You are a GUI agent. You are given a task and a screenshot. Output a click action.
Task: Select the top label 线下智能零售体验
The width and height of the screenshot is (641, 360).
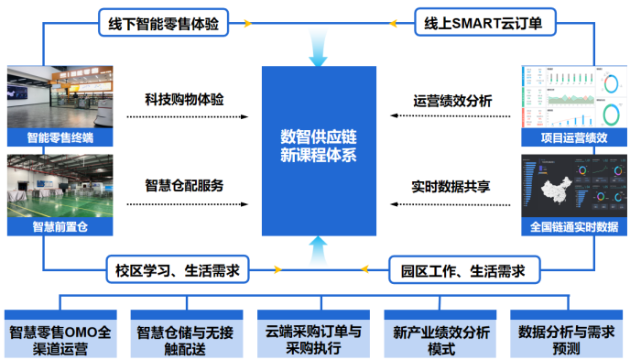point(163,23)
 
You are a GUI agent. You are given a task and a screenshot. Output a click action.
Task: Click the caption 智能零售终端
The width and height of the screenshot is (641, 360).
point(60,138)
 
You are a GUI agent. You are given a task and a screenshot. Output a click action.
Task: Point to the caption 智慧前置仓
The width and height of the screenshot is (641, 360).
point(60,226)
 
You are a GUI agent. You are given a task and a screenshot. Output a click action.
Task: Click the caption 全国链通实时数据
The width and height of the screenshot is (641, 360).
point(574,226)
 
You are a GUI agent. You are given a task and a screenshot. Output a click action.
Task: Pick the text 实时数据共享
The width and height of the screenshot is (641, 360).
point(452,185)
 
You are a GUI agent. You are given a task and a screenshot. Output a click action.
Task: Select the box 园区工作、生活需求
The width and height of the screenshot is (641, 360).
point(462,270)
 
